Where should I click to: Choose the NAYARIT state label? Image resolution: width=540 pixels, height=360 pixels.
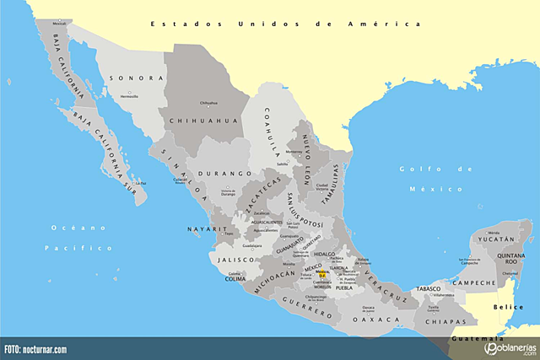(x=208, y=228)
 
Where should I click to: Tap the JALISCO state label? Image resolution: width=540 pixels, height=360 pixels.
(x=237, y=261)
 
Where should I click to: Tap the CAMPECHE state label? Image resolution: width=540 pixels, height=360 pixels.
(x=478, y=282)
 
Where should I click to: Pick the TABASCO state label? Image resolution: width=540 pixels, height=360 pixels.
(x=429, y=289)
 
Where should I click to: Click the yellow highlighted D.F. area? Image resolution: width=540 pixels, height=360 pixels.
(x=321, y=274)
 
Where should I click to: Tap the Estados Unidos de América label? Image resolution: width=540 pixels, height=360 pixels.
(x=284, y=24)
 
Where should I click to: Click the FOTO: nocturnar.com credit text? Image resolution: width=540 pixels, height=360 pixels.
(x=35, y=349)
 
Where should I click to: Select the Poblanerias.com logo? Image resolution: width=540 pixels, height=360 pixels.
(x=506, y=348)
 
